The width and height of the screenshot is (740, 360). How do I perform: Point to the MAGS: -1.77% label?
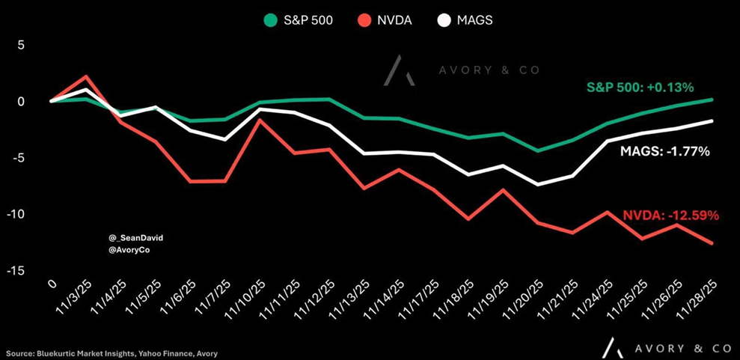(x=664, y=152)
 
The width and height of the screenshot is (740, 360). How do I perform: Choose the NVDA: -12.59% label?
(x=670, y=216)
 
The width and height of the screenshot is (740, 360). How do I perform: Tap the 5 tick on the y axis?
(x=21, y=45)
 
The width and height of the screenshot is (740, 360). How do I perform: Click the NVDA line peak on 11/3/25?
(x=87, y=76)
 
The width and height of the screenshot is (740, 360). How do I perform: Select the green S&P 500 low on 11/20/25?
(x=536, y=150)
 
